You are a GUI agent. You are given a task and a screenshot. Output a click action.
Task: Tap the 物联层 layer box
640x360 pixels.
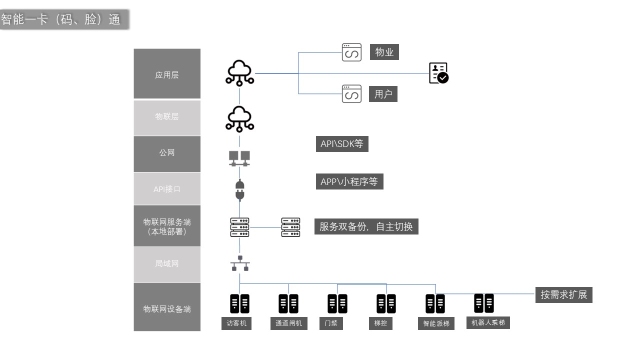pyautogui.click(x=167, y=117)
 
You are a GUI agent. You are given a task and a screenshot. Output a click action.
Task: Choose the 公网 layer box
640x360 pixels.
pyautogui.click(x=167, y=153)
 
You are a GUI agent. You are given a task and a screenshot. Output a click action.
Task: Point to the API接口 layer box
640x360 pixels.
pyautogui.click(x=167, y=189)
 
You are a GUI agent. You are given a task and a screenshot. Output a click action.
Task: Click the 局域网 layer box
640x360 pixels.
pyautogui.click(x=167, y=263)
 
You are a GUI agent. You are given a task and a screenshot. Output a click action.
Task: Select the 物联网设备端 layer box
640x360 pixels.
pyautogui.click(x=167, y=308)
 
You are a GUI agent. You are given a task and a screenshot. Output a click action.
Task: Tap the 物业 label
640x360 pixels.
pyautogui.click(x=384, y=52)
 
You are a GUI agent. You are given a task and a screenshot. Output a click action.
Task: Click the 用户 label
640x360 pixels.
pyautogui.click(x=383, y=94)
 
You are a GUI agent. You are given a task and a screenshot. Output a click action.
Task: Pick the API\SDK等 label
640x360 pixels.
pyautogui.click(x=342, y=144)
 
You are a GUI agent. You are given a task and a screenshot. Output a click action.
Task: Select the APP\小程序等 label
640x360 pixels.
pyautogui.click(x=349, y=181)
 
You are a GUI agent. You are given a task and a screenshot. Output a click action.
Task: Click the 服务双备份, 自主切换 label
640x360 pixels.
pyautogui.click(x=366, y=226)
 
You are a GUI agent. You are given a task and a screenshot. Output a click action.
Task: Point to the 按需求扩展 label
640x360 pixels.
pyautogui.click(x=563, y=294)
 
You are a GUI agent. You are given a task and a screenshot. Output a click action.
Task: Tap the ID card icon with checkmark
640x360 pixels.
pyautogui.click(x=438, y=73)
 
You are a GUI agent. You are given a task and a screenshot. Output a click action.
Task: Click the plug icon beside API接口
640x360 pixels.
pyautogui.click(x=239, y=190)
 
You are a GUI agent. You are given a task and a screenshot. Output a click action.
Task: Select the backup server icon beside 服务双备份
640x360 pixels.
pyautogui.click(x=290, y=227)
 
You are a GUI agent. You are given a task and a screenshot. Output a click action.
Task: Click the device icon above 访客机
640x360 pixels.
pyautogui.click(x=239, y=303)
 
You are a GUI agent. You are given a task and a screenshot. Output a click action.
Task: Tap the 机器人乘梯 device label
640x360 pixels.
pyautogui.click(x=488, y=322)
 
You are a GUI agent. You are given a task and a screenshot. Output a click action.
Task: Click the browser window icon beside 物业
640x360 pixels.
pyautogui.click(x=351, y=52)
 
